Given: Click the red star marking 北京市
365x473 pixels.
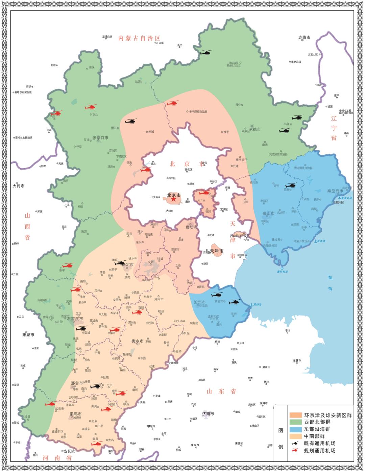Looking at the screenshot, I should click(x=173, y=199).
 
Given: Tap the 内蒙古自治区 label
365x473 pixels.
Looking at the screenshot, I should click(x=139, y=38).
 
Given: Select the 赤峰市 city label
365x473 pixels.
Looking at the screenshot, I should click(x=304, y=38).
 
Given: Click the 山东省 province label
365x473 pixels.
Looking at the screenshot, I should click(x=221, y=391).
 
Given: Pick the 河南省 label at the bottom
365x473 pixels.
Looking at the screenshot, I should click(x=57, y=458).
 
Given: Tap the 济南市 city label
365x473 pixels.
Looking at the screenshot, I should click(x=208, y=414).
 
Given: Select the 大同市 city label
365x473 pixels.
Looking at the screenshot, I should click(x=19, y=186).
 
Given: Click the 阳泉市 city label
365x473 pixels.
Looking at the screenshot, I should click(x=28, y=335).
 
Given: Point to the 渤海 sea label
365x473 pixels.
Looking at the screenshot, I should click(x=330, y=283).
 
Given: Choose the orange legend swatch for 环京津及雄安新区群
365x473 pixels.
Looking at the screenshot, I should click(x=295, y=415).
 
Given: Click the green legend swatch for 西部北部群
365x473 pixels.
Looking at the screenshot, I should click(x=295, y=422).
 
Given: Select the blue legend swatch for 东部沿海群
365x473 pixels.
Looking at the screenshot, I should click(x=295, y=429).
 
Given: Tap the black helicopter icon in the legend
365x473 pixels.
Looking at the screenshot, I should click(x=295, y=443).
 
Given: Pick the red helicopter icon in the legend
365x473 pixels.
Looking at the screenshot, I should click(x=295, y=451).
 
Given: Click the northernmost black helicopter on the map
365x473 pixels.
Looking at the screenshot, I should click(x=205, y=52).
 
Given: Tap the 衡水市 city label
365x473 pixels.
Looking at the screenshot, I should click(x=138, y=341).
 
